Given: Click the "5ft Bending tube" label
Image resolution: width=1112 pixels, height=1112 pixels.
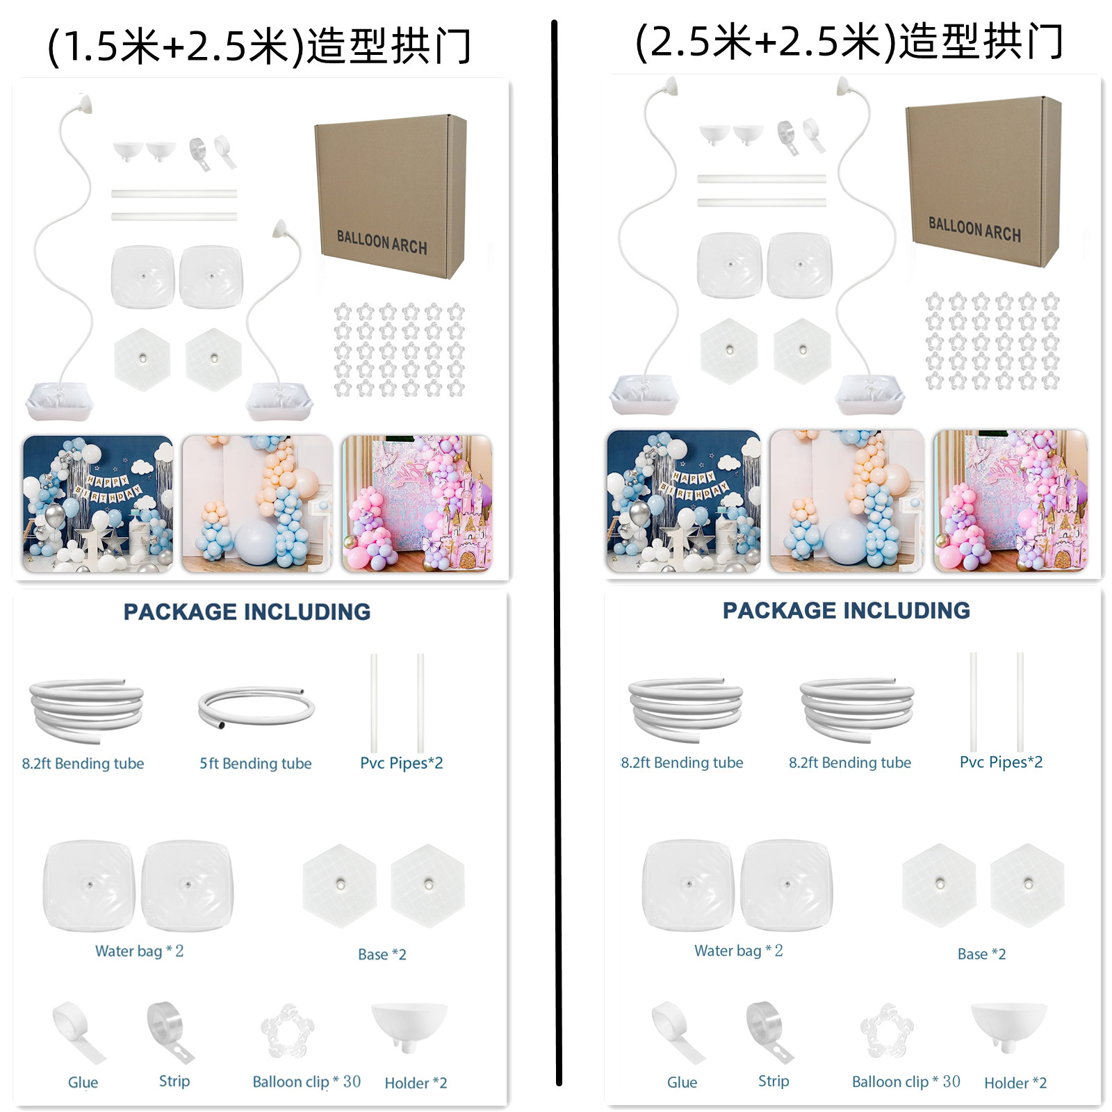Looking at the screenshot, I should tap(255, 763).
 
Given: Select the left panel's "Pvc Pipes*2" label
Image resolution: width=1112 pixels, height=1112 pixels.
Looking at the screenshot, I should tap(401, 763).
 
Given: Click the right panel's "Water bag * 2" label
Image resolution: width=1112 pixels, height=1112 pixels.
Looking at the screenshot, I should tap(738, 950).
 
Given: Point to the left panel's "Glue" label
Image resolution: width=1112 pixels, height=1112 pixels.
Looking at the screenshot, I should tap(83, 1082).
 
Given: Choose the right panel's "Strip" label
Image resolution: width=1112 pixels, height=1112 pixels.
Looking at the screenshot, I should tap(773, 1081).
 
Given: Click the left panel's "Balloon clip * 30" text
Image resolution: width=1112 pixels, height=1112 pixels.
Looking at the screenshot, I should tap(306, 1081).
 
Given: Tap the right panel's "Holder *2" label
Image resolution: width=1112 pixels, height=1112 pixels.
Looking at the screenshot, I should tap(1015, 1082).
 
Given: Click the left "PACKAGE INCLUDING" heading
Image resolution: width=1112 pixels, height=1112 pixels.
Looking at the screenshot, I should tap(247, 612).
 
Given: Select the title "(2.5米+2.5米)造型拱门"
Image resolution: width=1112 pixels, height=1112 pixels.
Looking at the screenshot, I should tap(849, 42).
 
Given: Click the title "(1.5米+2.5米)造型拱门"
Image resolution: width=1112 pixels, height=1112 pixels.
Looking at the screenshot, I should tap(259, 47).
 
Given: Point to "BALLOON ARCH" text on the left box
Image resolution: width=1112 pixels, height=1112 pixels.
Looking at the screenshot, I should tap(382, 242).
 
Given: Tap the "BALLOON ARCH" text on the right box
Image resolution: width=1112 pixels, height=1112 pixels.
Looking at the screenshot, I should tap(974, 229).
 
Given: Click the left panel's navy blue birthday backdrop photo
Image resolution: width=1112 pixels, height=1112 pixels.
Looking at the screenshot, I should tap(98, 504).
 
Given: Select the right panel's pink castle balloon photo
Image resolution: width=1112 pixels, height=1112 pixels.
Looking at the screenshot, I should tap(1010, 500).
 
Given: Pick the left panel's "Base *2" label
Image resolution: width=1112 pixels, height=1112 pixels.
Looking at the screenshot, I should tap(382, 954).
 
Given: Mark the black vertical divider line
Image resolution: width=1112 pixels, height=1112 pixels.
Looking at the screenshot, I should tap(556, 556).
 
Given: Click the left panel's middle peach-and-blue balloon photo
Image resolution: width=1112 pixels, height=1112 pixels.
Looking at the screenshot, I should tap(257, 504).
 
